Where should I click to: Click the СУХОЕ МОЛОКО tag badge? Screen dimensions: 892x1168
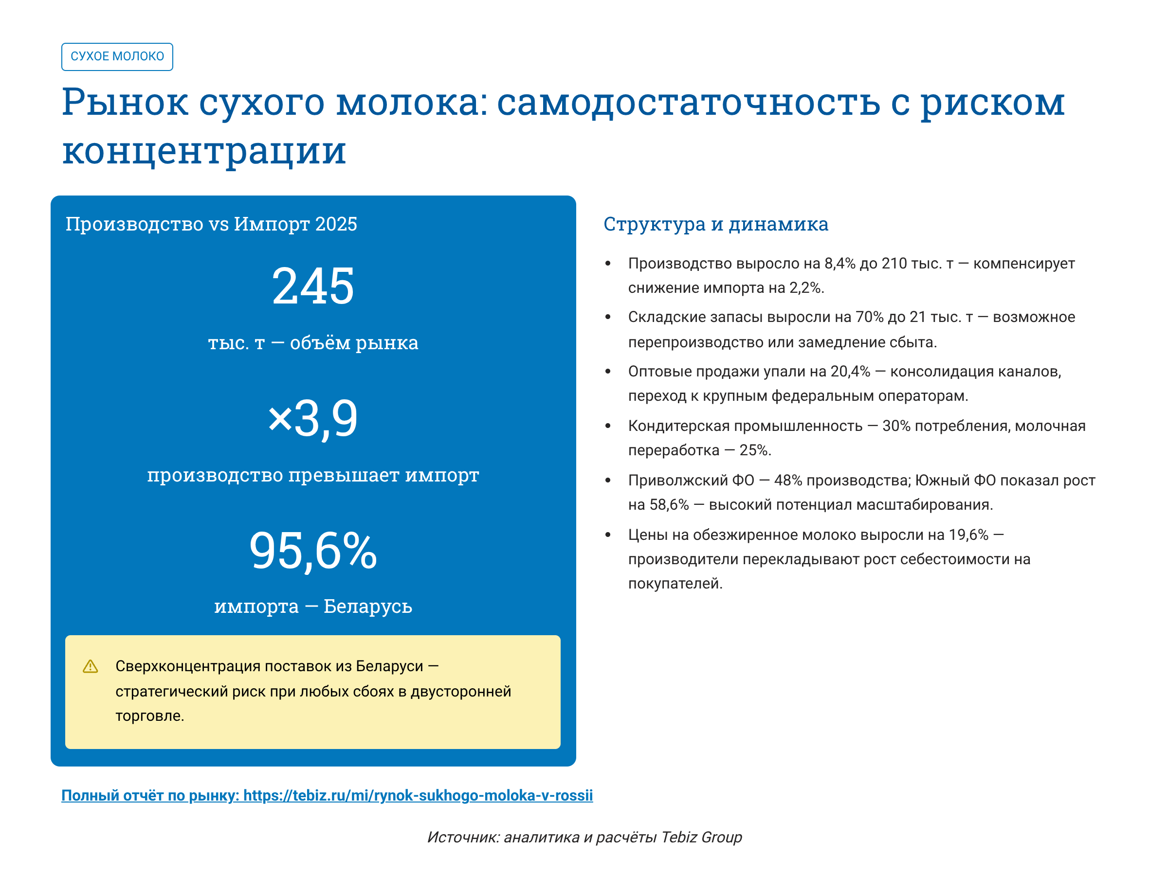117,56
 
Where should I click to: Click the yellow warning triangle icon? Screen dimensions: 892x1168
91,666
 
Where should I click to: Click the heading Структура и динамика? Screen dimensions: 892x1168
715,224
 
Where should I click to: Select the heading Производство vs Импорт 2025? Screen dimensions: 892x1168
211,224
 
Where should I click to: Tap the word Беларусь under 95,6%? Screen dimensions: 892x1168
367,606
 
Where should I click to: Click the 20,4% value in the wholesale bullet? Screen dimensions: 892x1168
850,371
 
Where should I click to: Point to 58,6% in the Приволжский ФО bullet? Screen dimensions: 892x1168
669,504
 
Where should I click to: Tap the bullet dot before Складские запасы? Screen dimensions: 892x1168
608,317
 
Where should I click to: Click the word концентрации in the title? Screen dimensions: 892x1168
204,151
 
